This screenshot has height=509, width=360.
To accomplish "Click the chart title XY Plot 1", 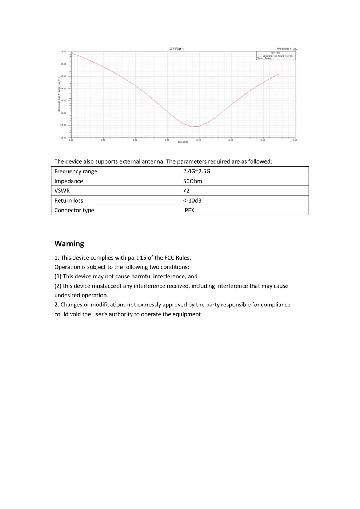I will [177, 49].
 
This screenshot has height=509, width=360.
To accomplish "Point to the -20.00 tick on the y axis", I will [63, 125].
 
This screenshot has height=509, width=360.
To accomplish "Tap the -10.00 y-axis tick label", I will [63, 64].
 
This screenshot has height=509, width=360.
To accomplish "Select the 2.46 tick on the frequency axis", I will [199, 140].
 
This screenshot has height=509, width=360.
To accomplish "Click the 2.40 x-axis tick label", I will [103, 140].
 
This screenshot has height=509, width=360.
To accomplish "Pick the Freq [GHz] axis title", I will [183, 142].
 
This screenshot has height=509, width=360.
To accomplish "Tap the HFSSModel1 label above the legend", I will [284, 49].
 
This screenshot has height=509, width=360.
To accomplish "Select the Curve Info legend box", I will [276, 56].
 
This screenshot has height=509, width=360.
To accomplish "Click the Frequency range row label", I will [76, 171].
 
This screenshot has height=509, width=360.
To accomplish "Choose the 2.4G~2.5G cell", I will [197, 171].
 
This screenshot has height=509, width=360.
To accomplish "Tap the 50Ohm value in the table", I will [193, 181].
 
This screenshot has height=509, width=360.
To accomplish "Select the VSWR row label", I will [62, 191].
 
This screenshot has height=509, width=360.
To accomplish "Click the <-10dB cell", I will [192, 200].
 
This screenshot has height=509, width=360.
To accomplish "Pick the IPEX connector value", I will [189, 210].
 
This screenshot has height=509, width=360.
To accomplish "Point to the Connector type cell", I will [74, 210].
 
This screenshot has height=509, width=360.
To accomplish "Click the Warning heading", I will [69, 244].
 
